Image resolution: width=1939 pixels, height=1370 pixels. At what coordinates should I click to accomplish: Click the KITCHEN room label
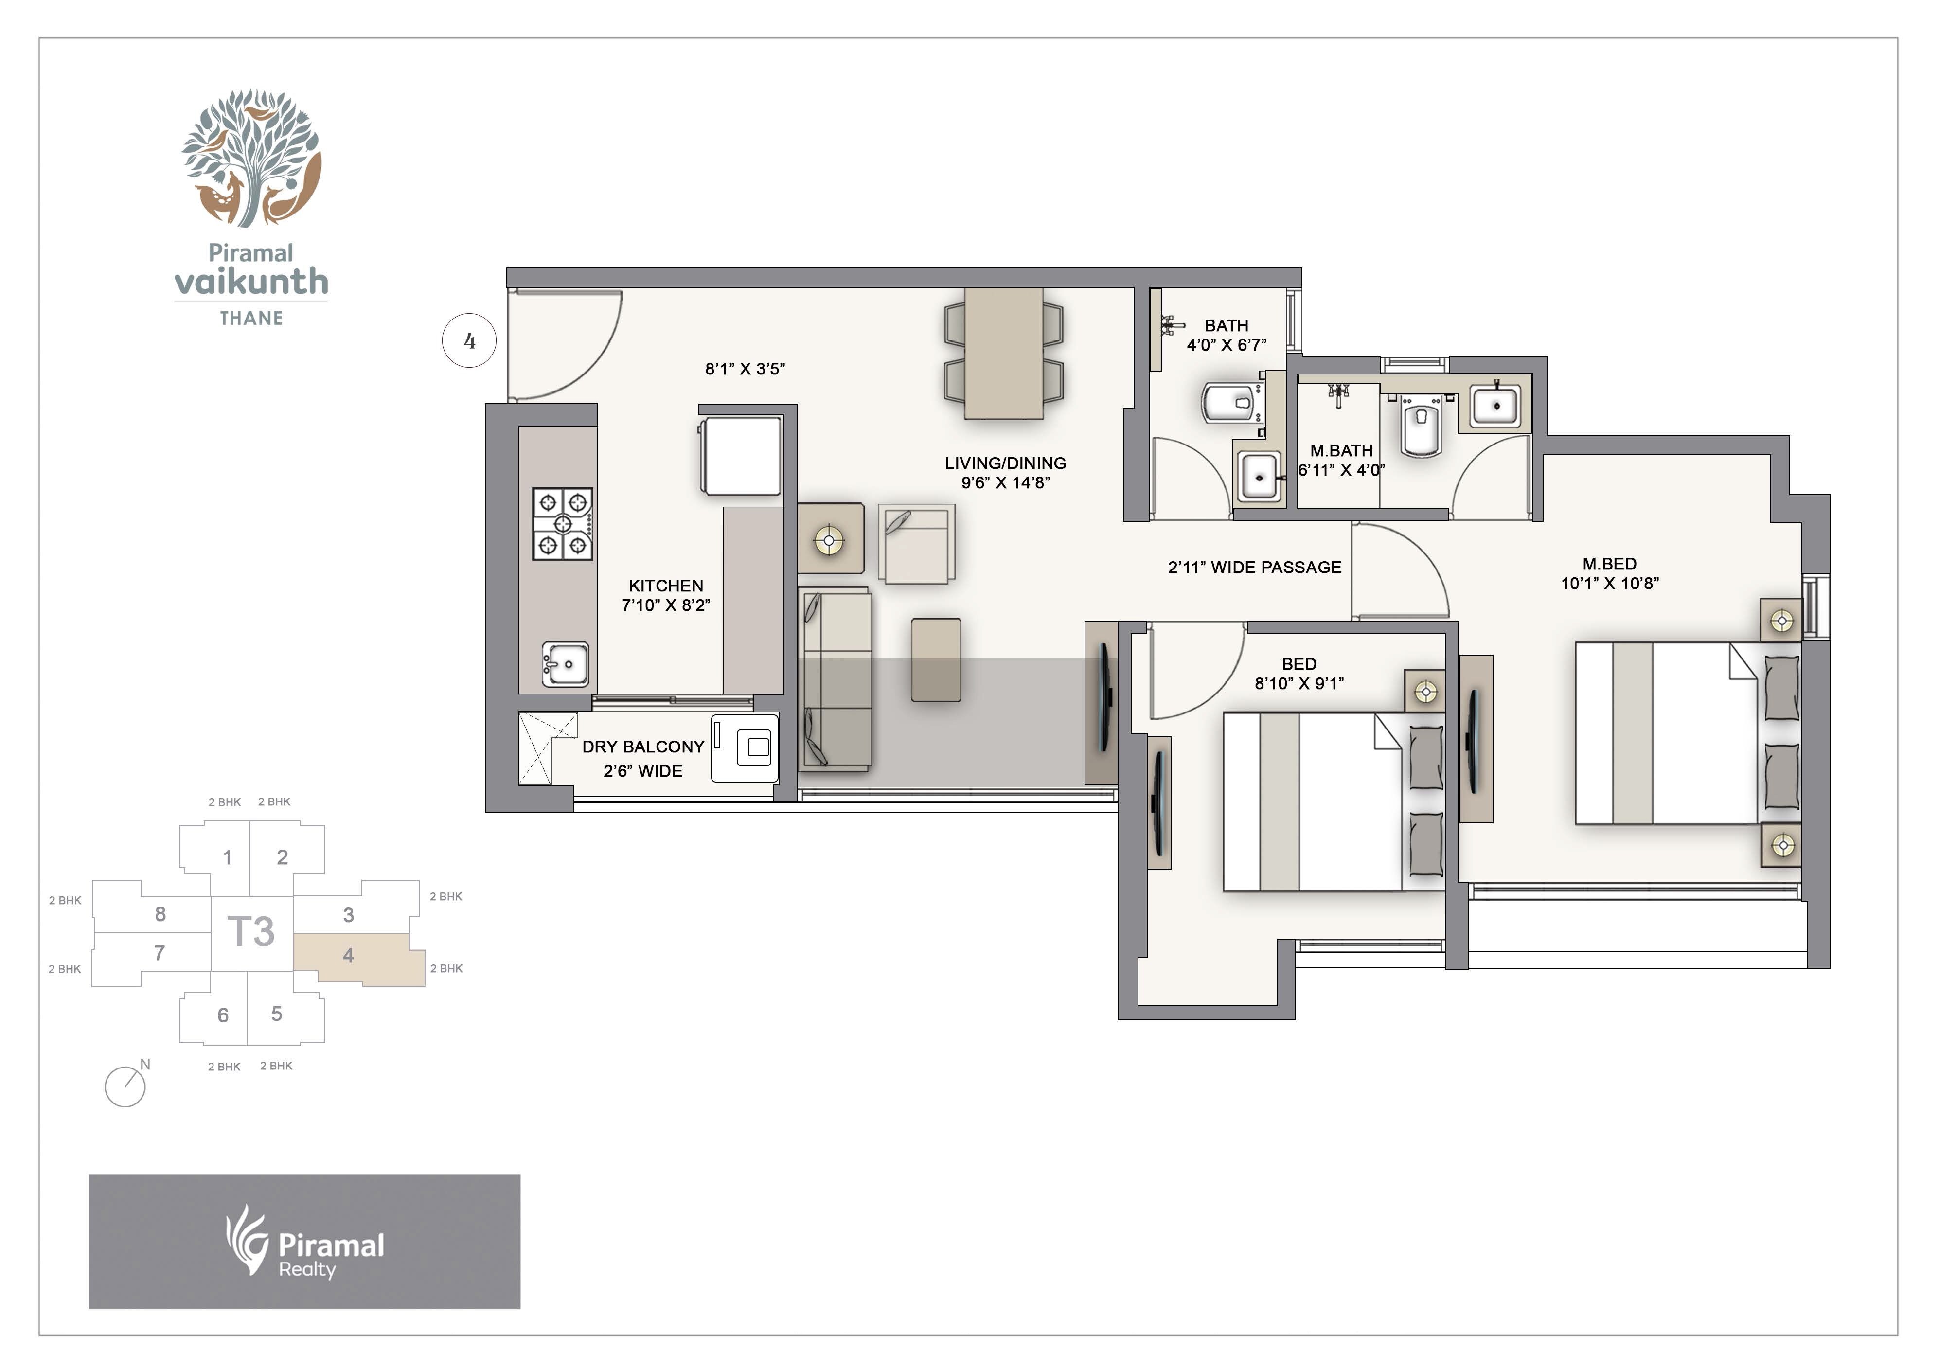665,586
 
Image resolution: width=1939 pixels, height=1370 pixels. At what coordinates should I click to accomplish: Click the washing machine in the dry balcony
744,747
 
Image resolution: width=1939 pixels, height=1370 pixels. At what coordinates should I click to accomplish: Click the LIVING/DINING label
1005,463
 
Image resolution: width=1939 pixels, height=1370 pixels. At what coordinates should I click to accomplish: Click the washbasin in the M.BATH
1495,406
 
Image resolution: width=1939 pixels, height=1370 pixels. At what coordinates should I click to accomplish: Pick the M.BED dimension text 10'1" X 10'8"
1610,583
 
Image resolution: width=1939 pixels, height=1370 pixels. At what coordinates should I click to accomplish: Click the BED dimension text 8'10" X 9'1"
1299,683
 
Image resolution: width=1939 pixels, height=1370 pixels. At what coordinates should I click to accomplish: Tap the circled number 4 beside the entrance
469,341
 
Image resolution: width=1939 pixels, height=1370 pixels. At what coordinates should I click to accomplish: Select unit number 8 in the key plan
160,914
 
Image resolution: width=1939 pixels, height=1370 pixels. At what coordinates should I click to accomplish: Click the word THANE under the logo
251,319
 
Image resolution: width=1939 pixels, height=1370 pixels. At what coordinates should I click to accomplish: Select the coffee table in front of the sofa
936,659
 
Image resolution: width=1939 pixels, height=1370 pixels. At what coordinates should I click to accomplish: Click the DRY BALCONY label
642,747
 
